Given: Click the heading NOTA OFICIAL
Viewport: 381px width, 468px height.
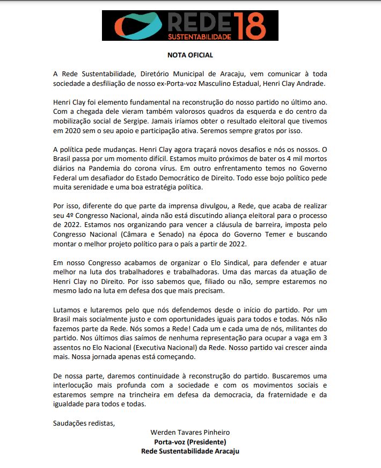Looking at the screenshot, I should pos(190,55).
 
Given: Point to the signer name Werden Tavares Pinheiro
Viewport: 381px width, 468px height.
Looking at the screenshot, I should pos(190,433).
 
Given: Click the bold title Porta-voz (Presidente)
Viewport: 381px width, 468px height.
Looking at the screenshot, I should pos(190,442).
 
